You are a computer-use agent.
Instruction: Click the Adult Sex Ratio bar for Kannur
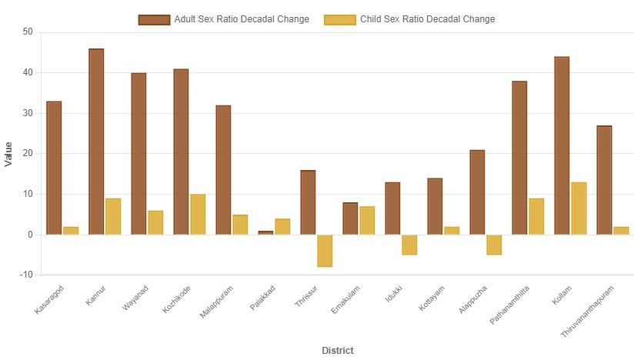click(x=96, y=142)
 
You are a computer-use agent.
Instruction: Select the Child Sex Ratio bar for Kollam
click(x=579, y=208)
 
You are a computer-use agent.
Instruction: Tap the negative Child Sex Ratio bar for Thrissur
click(x=325, y=251)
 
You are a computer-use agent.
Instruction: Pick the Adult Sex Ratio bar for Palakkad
click(x=265, y=232)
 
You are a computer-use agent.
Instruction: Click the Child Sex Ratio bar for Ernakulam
click(x=367, y=220)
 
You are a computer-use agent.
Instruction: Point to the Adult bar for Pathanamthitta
click(x=519, y=158)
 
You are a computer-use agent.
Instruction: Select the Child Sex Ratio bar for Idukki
click(x=409, y=245)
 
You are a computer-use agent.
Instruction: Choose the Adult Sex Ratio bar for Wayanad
click(x=138, y=154)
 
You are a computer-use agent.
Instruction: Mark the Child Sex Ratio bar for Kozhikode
click(x=198, y=215)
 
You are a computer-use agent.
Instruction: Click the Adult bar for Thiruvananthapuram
click(x=604, y=180)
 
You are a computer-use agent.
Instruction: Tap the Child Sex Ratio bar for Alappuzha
click(x=494, y=245)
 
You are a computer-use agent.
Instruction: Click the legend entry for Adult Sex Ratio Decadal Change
click(x=223, y=19)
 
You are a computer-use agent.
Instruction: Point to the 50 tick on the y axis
click(x=28, y=32)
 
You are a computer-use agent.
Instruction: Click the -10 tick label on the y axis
click(x=26, y=275)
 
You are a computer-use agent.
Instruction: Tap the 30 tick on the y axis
click(x=28, y=113)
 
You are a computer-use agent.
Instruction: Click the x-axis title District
click(x=338, y=351)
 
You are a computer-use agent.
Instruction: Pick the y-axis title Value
click(x=8, y=154)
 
